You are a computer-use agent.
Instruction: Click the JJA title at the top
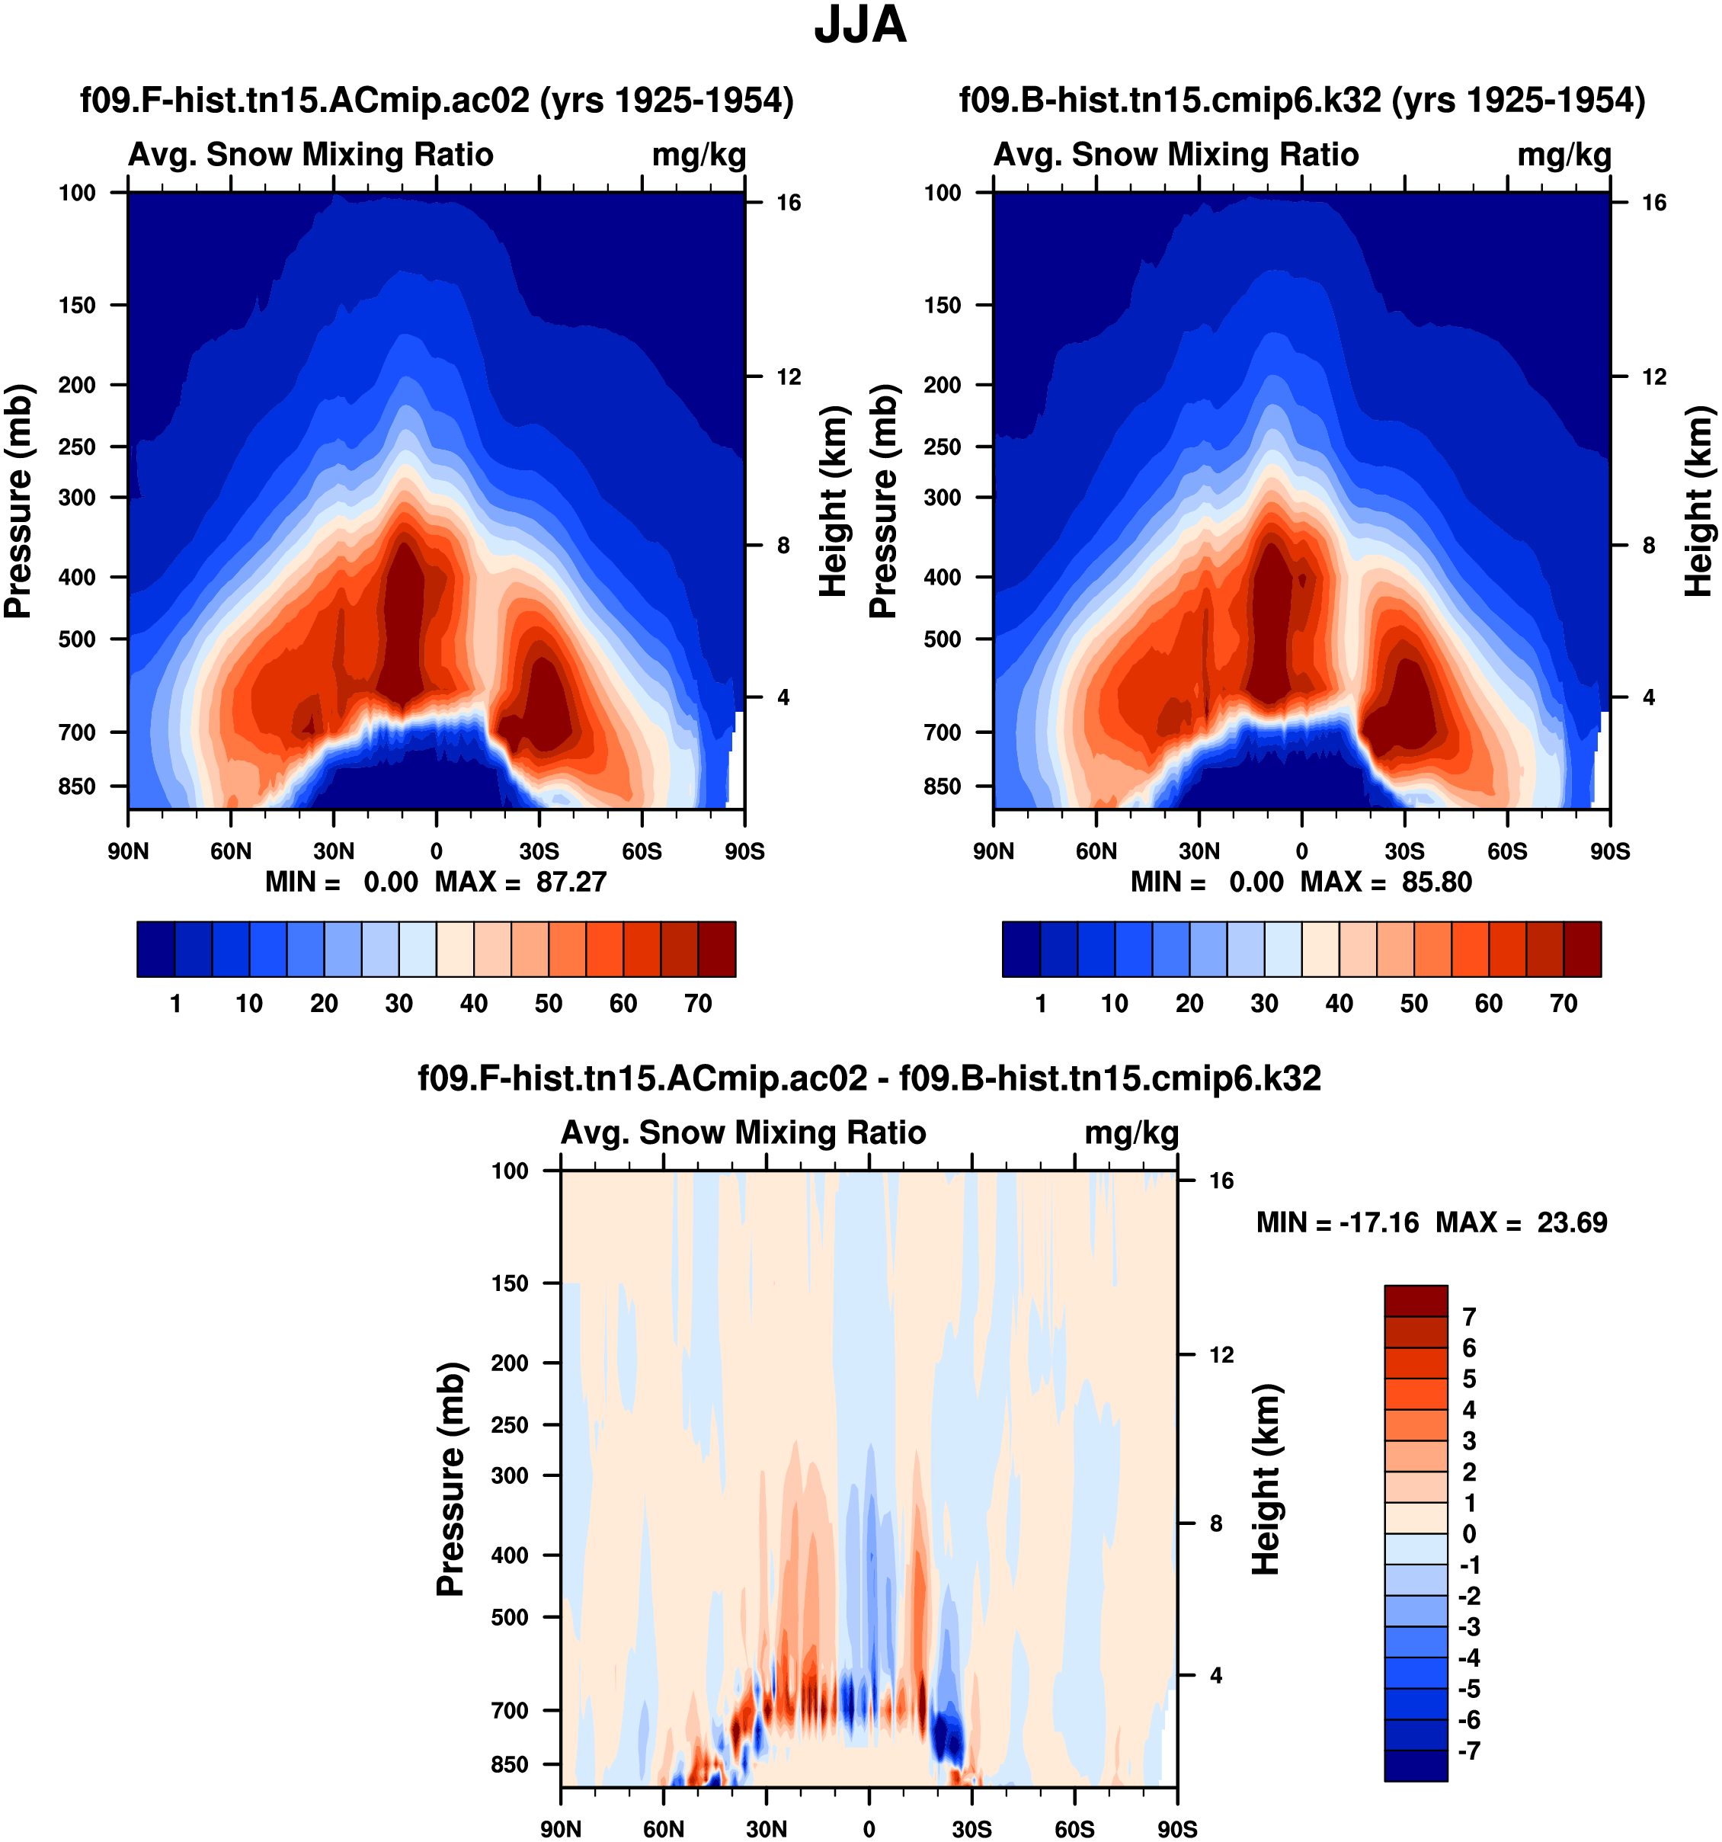click(x=859, y=25)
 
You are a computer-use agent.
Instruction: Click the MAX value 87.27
click(x=571, y=881)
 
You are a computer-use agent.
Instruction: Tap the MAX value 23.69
click(x=1572, y=1222)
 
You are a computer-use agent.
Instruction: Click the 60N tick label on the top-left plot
click(x=231, y=851)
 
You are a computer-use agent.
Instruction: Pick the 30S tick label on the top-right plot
click(x=1404, y=851)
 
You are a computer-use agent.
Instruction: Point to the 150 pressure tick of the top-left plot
click(x=77, y=305)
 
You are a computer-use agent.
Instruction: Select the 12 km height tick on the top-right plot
click(x=1653, y=376)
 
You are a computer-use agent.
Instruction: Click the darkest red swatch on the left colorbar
click(x=717, y=949)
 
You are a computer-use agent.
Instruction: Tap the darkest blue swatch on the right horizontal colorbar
click(x=1021, y=949)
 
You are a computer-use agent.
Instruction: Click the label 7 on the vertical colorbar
click(x=1469, y=1317)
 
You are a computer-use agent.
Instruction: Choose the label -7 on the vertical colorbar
click(x=1469, y=1751)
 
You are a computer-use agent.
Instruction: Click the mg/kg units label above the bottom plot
click(x=1131, y=1132)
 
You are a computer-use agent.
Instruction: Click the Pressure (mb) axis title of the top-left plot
click(x=18, y=501)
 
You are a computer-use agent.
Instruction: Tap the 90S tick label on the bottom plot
click(x=1176, y=1829)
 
